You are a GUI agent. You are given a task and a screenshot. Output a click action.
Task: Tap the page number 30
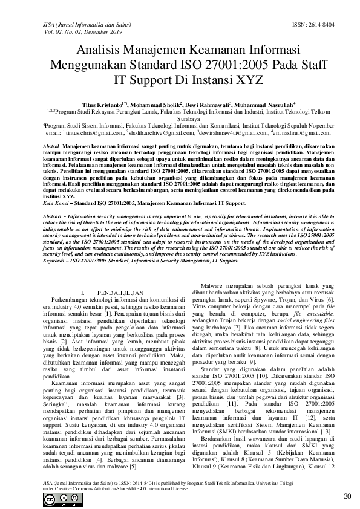tap(347, 497)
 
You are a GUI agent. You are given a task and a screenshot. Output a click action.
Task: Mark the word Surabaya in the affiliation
tap(180, 119)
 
